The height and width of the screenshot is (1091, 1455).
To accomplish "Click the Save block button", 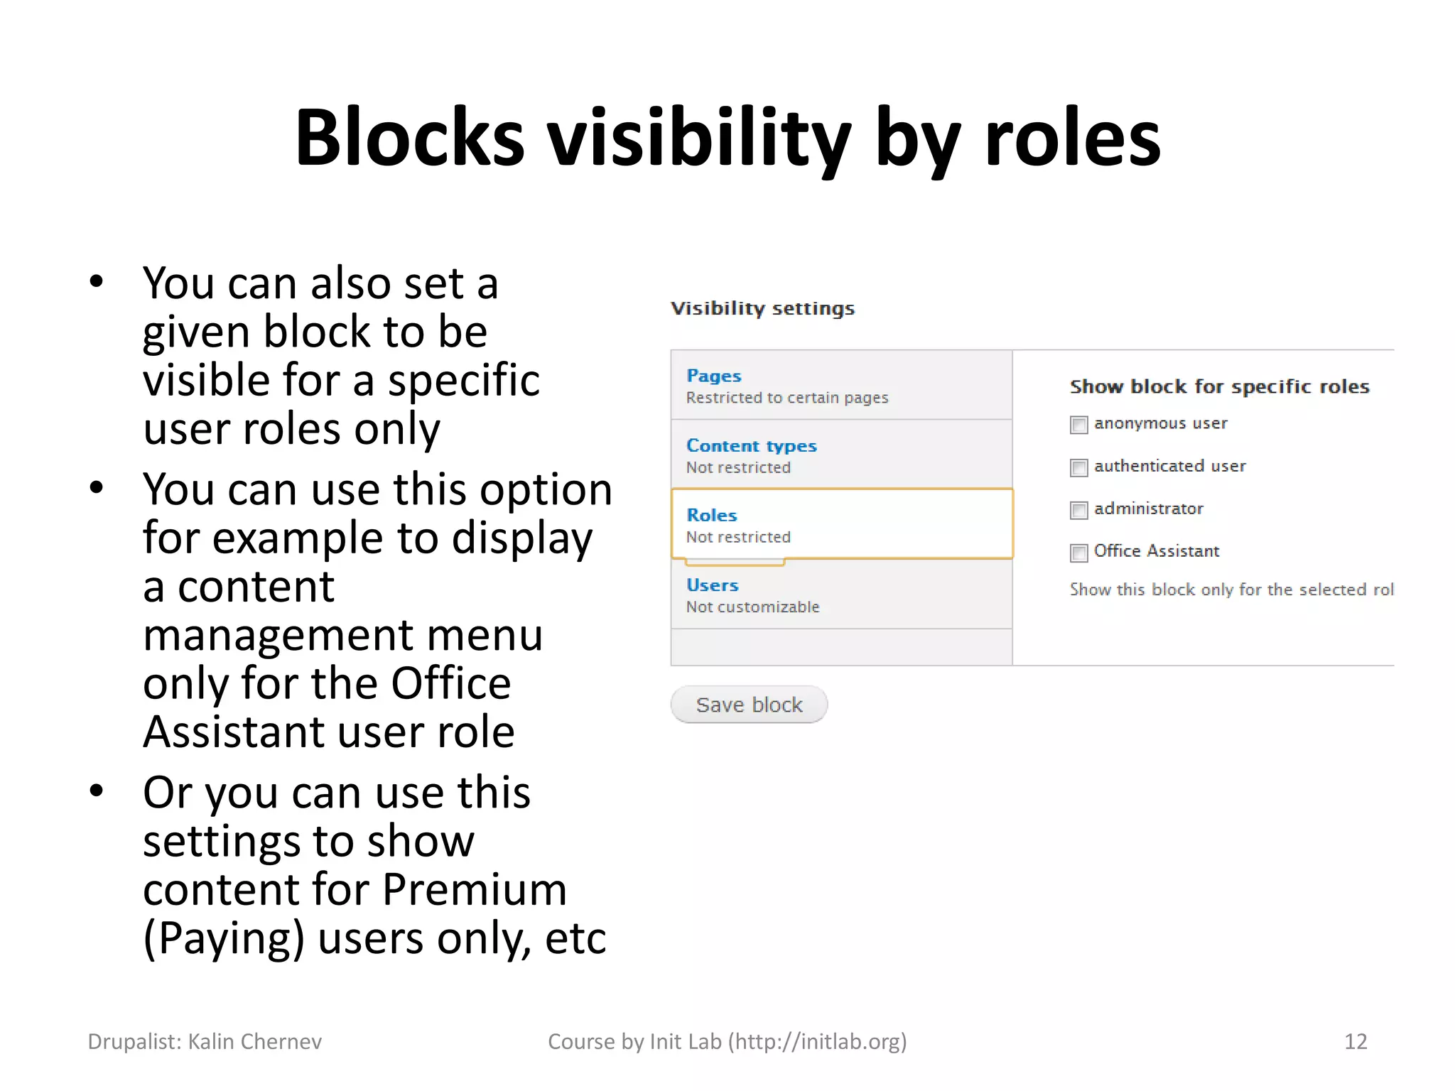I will click(x=749, y=705).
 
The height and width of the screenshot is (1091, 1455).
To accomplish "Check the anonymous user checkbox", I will click(x=1078, y=425).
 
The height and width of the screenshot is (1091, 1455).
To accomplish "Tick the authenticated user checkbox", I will click(x=1078, y=467).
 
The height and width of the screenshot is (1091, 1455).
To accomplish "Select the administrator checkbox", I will click(x=1078, y=510).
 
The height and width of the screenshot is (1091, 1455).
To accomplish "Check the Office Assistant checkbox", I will click(x=1078, y=553).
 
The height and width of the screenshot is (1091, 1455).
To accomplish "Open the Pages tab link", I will click(x=713, y=376).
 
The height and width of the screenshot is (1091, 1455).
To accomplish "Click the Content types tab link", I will click(x=751, y=446).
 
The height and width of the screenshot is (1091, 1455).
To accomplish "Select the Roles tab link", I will click(x=711, y=515).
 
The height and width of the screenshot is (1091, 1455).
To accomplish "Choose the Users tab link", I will click(x=712, y=585).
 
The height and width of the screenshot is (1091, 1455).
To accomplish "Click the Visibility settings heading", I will click(x=762, y=308).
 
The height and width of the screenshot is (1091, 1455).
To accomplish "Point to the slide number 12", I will click(x=1356, y=1041).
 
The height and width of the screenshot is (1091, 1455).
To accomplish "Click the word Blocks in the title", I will click(x=409, y=138).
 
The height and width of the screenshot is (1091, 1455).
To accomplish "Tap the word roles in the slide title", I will click(x=1072, y=138).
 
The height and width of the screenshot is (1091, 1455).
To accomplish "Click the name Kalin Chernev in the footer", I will click(x=254, y=1041).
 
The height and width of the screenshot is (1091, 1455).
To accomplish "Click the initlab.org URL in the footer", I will click(x=817, y=1041).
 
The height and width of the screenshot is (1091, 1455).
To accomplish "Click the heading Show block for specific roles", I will click(x=1219, y=386).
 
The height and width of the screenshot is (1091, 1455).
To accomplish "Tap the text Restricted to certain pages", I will click(x=787, y=398).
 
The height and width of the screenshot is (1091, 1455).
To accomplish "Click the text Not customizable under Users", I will click(x=752, y=607).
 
